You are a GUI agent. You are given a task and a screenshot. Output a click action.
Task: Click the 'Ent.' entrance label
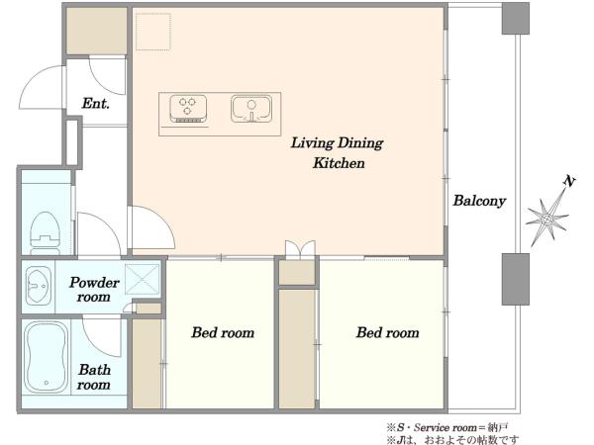click(x=96, y=103)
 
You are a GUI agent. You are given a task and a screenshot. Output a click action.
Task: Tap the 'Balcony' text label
click(x=479, y=201)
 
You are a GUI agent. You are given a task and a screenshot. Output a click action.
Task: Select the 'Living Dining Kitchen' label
click(x=338, y=153)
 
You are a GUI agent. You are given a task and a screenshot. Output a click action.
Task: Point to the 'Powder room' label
click(x=94, y=290)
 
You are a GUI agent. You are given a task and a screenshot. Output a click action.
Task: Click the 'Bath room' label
click(x=94, y=377)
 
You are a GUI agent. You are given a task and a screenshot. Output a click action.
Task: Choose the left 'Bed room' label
click(x=223, y=332)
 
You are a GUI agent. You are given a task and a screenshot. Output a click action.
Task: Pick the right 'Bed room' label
click(x=387, y=332)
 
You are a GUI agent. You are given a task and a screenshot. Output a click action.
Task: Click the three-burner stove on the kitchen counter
click(x=188, y=109)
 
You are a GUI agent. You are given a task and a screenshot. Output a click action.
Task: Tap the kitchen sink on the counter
click(x=251, y=109)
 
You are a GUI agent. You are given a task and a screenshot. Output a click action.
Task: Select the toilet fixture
click(x=46, y=233)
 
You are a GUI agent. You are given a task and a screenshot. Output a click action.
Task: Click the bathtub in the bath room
click(x=46, y=358)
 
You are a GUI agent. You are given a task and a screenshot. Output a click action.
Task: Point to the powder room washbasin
click(x=38, y=286)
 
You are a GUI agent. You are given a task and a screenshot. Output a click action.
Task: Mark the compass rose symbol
click(x=547, y=219)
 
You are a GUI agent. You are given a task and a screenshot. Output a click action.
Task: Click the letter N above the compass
click(x=569, y=181)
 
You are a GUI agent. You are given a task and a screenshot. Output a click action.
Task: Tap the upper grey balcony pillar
click(x=516, y=19)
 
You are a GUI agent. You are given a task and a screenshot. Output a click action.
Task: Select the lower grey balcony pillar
click(x=516, y=279)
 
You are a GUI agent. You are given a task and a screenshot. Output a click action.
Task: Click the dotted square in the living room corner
click(x=153, y=32)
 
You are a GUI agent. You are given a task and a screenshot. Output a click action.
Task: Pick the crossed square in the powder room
click(x=143, y=279)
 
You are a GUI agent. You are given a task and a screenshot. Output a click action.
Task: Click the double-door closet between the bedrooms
click(x=300, y=250)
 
